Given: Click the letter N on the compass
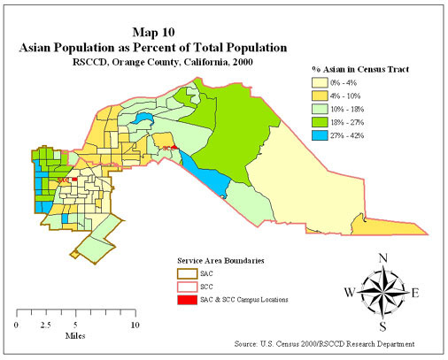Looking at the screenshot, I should (x=382, y=258).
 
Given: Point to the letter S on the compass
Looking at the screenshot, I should (x=382, y=326).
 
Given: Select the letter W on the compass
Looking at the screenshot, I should (x=348, y=293).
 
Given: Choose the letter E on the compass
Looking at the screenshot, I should (x=416, y=293).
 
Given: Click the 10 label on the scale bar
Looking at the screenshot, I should (x=135, y=325).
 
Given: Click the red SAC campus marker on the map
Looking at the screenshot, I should (x=75, y=180).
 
